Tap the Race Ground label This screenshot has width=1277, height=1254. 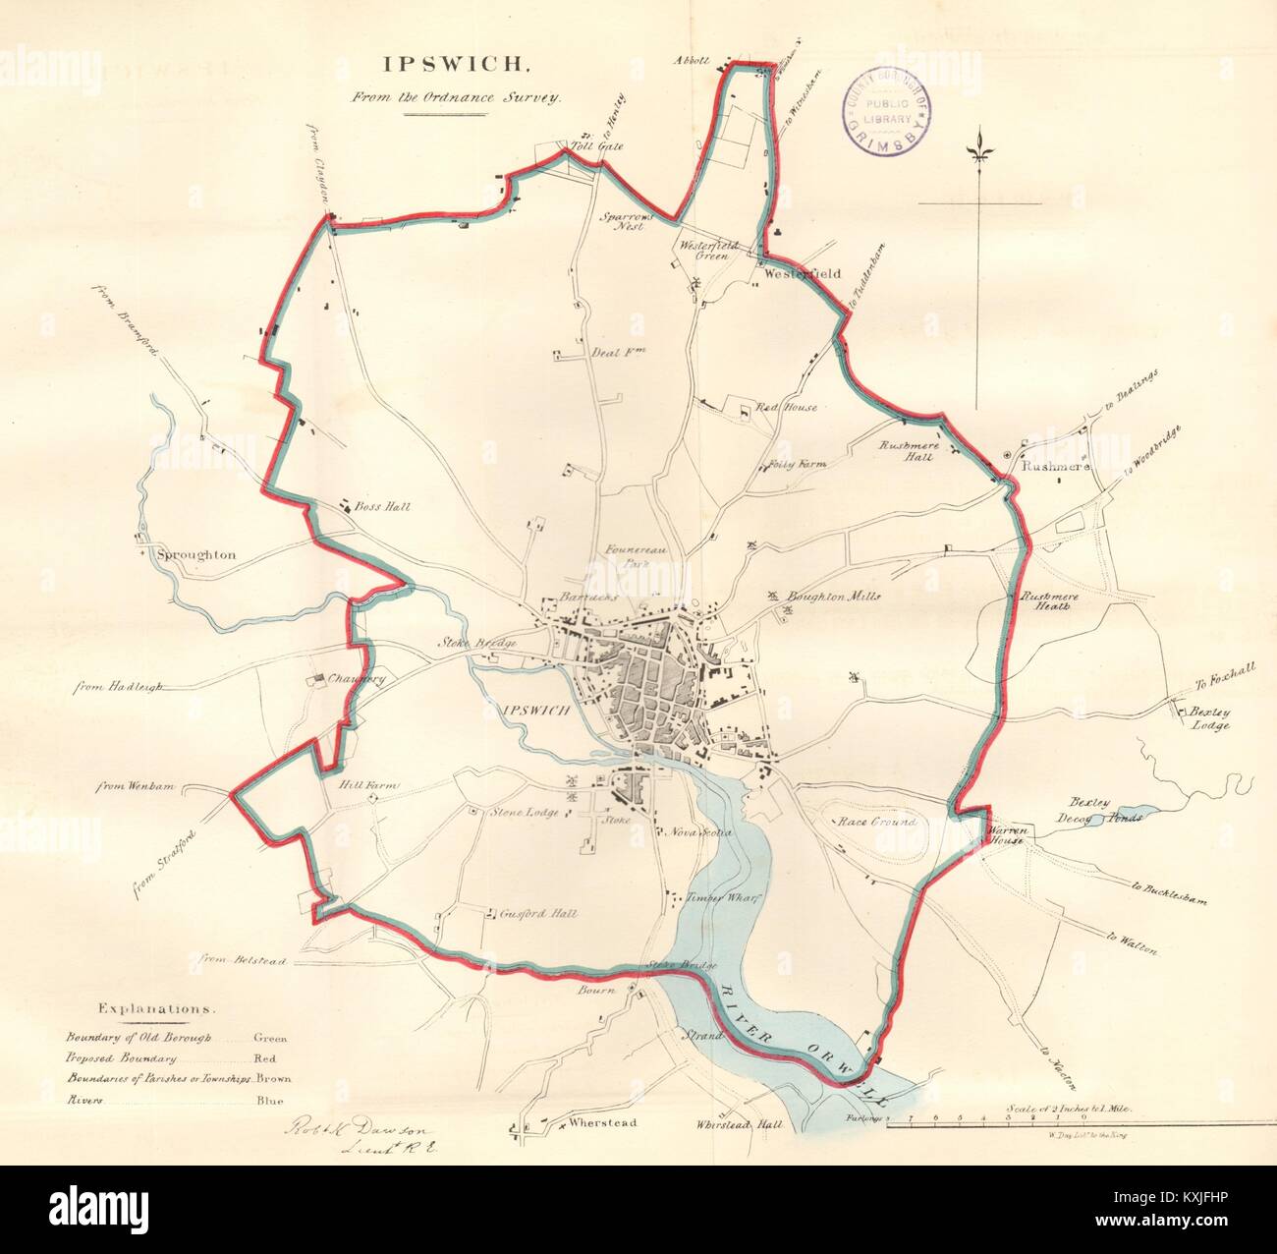(876, 822)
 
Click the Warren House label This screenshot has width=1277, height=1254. (1007, 834)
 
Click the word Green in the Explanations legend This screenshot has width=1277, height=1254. (271, 1037)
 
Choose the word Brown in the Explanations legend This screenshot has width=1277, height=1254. (273, 1078)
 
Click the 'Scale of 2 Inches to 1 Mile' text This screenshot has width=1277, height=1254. (1071, 1107)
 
